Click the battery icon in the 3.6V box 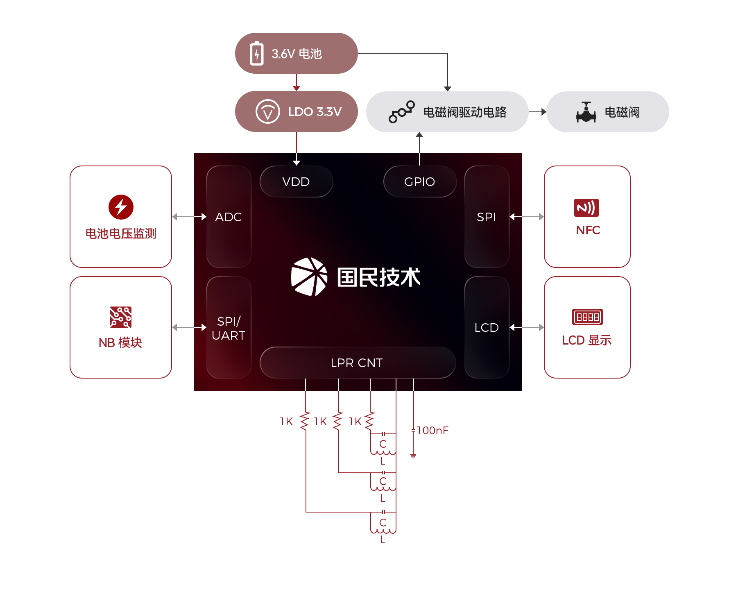(257, 53)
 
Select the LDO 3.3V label (315, 112)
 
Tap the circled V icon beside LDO (267, 111)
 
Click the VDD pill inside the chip (296, 181)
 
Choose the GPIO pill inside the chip (419, 181)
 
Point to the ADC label (229, 217)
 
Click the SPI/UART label (229, 328)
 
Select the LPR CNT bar (357, 363)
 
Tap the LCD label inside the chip (487, 328)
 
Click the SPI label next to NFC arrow (486, 217)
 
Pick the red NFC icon (586, 208)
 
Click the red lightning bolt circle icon (121, 207)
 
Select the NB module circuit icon (120, 317)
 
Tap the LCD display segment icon (587, 317)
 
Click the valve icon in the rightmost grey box (586, 112)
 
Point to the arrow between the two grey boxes (537, 112)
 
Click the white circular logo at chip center (309, 277)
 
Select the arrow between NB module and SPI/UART (189, 327)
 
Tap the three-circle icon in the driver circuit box (401, 111)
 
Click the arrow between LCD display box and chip (527, 327)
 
